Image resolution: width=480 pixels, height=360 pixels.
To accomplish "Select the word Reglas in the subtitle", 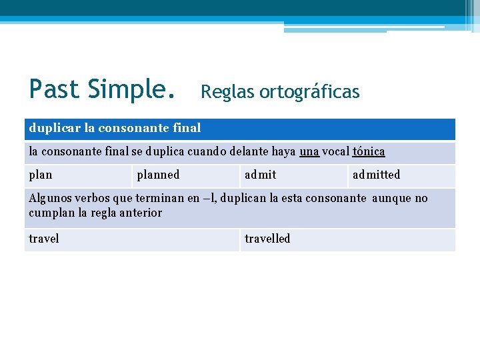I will click(x=225, y=92).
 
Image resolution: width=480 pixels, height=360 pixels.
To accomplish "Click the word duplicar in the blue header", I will click(x=54, y=127).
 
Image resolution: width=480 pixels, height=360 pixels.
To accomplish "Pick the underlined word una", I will click(x=309, y=151).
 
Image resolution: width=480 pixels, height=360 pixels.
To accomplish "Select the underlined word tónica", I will click(x=369, y=151).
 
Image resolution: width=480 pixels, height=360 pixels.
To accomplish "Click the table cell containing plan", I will click(x=78, y=175).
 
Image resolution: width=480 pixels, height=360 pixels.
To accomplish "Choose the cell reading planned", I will click(x=185, y=175).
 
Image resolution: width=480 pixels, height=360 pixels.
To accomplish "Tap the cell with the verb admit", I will click(x=293, y=175).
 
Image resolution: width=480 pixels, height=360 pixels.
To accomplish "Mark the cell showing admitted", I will click(x=401, y=175).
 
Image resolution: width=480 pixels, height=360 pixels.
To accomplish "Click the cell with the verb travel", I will click(x=132, y=239).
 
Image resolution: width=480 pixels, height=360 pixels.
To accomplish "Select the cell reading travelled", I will click(x=347, y=239).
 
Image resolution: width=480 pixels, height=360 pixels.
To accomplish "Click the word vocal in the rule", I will click(x=336, y=151).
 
